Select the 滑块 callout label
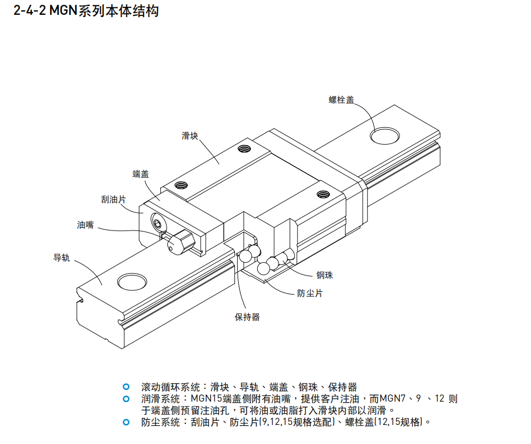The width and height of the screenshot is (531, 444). (190, 136)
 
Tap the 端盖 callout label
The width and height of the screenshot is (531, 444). (141, 174)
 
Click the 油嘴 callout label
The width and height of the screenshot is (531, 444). (85, 225)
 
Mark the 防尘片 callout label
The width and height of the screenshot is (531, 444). (310, 293)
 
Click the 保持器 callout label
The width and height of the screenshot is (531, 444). (247, 317)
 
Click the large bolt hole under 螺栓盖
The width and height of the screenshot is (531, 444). (386, 135)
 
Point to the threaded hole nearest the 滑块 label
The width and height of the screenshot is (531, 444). (244, 148)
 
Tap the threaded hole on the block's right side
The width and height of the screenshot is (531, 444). (323, 194)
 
